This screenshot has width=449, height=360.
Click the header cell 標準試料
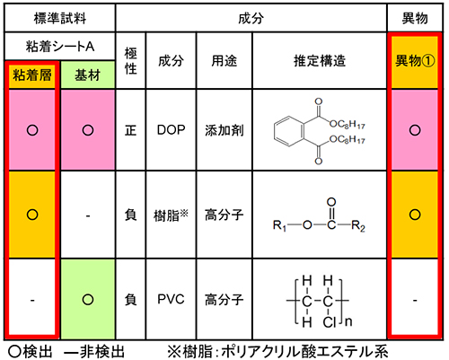[x=60, y=18]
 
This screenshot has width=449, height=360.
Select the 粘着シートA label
[x=60, y=47]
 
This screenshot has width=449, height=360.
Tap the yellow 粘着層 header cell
[x=32, y=75]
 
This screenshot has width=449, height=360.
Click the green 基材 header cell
[x=88, y=75]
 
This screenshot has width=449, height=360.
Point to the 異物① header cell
[x=415, y=61]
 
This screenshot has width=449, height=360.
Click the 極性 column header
[x=131, y=61]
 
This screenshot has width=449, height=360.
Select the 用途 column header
[x=224, y=61]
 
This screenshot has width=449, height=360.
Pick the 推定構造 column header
[x=320, y=61]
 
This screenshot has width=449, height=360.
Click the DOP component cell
[x=172, y=130]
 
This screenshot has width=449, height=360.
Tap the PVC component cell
[x=172, y=299]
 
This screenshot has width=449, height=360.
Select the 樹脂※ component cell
[x=172, y=215]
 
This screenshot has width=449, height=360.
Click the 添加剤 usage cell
[x=224, y=130]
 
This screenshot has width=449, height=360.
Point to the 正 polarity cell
[x=131, y=130]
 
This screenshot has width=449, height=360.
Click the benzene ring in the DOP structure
[x=289, y=131]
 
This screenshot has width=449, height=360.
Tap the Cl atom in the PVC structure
[x=330, y=322]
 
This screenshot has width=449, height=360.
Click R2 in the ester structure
[x=358, y=225]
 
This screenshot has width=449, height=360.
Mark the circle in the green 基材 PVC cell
[x=88, y=299]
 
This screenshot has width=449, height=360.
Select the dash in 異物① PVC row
[x=415, y=300]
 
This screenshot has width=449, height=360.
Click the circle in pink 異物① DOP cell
[x=415, y=130]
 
